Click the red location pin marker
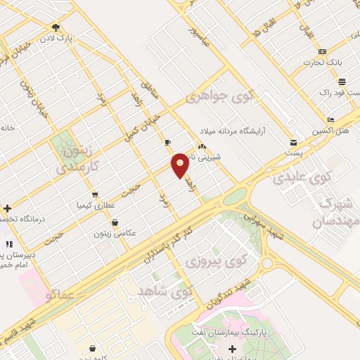click(x=180, y=165)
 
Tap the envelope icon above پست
click(x=293, y=142)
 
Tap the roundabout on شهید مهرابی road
click(x=266, y=264)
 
